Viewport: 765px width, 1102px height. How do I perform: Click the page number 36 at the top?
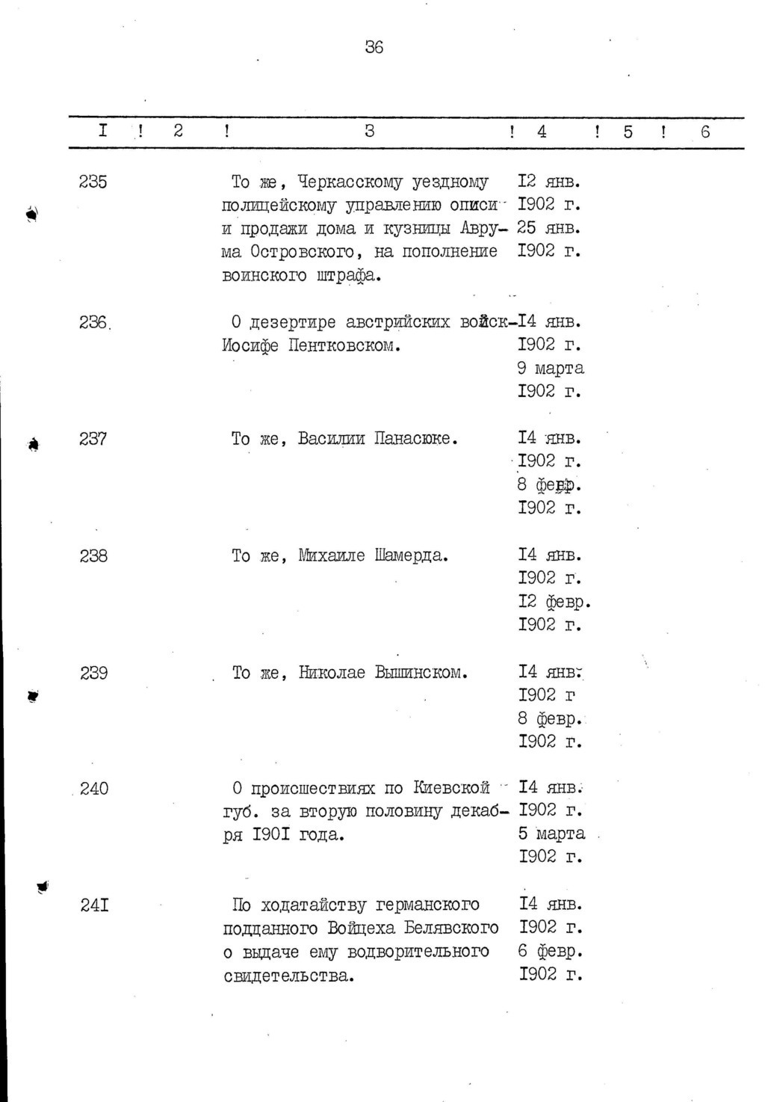pos(374,47)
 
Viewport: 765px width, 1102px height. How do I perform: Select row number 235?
pos(93,182)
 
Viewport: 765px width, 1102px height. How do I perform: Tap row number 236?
pos(94,322)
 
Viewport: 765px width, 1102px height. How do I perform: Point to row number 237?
pos(93,439)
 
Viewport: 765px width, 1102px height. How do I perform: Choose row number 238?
pos(93,556)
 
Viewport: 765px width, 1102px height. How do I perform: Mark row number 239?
pos(94,673)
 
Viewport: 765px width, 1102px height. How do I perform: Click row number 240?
pos(94,789)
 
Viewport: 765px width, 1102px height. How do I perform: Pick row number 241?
pos(95,905)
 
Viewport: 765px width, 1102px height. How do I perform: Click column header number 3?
pos(369,132)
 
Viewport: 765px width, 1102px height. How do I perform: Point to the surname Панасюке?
pos(415,439)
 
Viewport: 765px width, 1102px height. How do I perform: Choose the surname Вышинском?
pos(421,673)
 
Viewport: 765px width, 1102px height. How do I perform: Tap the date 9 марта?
pos(551,369)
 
